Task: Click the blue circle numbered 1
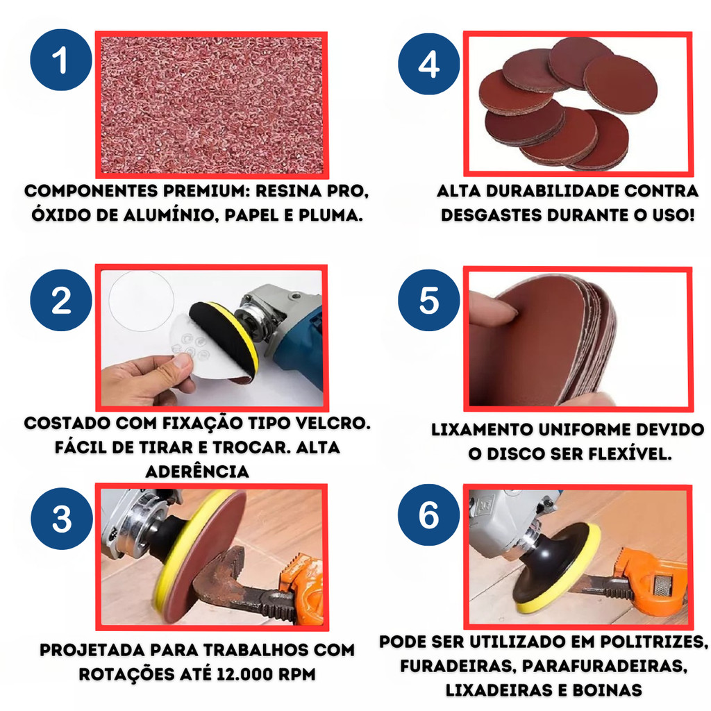[61, 60]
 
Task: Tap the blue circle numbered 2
[61, 300]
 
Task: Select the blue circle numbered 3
[62, 519]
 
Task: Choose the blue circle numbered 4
[429, 64]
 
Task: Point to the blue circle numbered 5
[429, 300]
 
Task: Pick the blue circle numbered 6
[429, 515]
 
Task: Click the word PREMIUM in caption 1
[206, 191]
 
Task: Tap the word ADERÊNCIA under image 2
[197, 471]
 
